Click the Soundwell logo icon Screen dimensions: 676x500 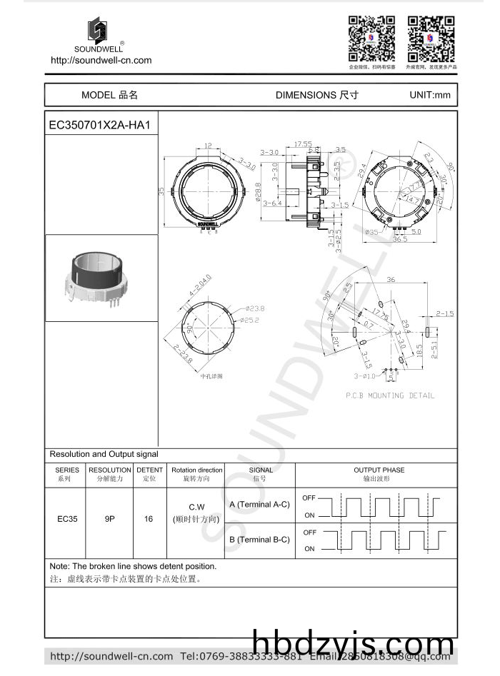[x=98, y=31]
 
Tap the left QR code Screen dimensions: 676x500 [x=371, y=39]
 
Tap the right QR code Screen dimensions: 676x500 [x=431, y=39]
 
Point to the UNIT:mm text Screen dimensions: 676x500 [x=429, y=95]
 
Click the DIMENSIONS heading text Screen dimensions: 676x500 [x=316, y=95]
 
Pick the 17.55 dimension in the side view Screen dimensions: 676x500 [x=303, y=144]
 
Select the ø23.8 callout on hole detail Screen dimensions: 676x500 [x=255, y=308]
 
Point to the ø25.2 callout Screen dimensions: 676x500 [x=255, y=319]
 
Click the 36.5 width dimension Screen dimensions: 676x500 [x=398, y=240]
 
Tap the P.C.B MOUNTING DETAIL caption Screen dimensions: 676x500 [x=390, y=395]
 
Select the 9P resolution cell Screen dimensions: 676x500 [x=110, y=519]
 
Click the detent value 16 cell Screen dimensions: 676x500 [x=149, y=519]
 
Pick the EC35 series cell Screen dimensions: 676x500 [x=67, y=519]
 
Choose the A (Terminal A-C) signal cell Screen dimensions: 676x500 [x=259, y=504]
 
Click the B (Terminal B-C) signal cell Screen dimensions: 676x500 [x=259, y=540]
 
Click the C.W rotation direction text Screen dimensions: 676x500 [x=196, y=508]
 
